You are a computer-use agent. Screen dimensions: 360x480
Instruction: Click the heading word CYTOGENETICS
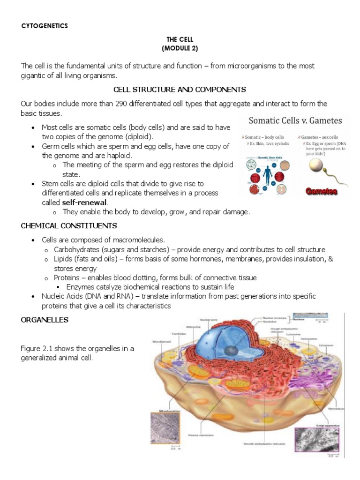point(45,26)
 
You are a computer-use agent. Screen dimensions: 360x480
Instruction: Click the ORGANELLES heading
point(45,320)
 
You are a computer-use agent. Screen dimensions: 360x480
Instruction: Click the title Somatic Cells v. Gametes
point(295,121)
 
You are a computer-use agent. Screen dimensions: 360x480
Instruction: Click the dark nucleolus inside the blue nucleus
point(231,350)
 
